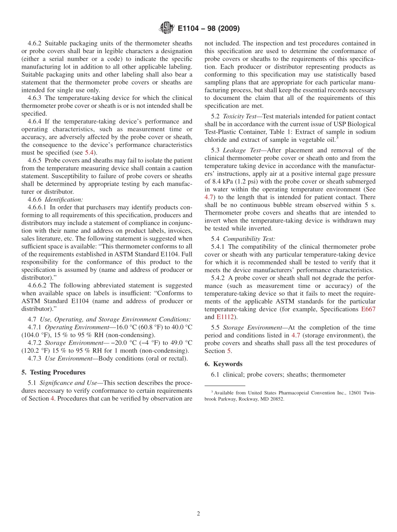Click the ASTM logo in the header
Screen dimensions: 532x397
click(x=166, y=28)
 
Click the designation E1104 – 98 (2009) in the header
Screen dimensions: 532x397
click(x=209, y=29)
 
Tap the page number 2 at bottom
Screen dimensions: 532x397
click(x=198, y=514)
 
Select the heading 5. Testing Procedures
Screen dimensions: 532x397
click(x=53, y=372)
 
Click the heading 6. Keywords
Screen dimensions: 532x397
click(x=224, y=364)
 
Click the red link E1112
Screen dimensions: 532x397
click(x=226, y=317)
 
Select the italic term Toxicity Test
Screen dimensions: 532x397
click(x=239, y=116)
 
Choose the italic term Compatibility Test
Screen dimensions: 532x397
click(x=249, y=239)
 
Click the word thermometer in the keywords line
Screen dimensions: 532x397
click(x=328, y=375)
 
